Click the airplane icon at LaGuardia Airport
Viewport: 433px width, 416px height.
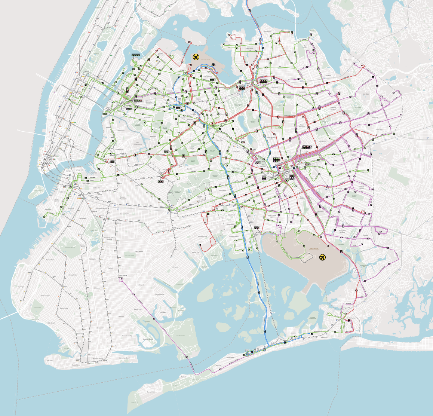pos(196,57)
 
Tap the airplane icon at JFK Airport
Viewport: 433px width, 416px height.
pos(322,257)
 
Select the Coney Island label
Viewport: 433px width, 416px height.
pos(76,365)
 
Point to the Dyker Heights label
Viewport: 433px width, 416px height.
pos(45,296)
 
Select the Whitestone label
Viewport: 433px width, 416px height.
pos(267,32)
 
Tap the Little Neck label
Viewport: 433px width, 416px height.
pos(347,60)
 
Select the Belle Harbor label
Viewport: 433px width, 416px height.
pos(230,358)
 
